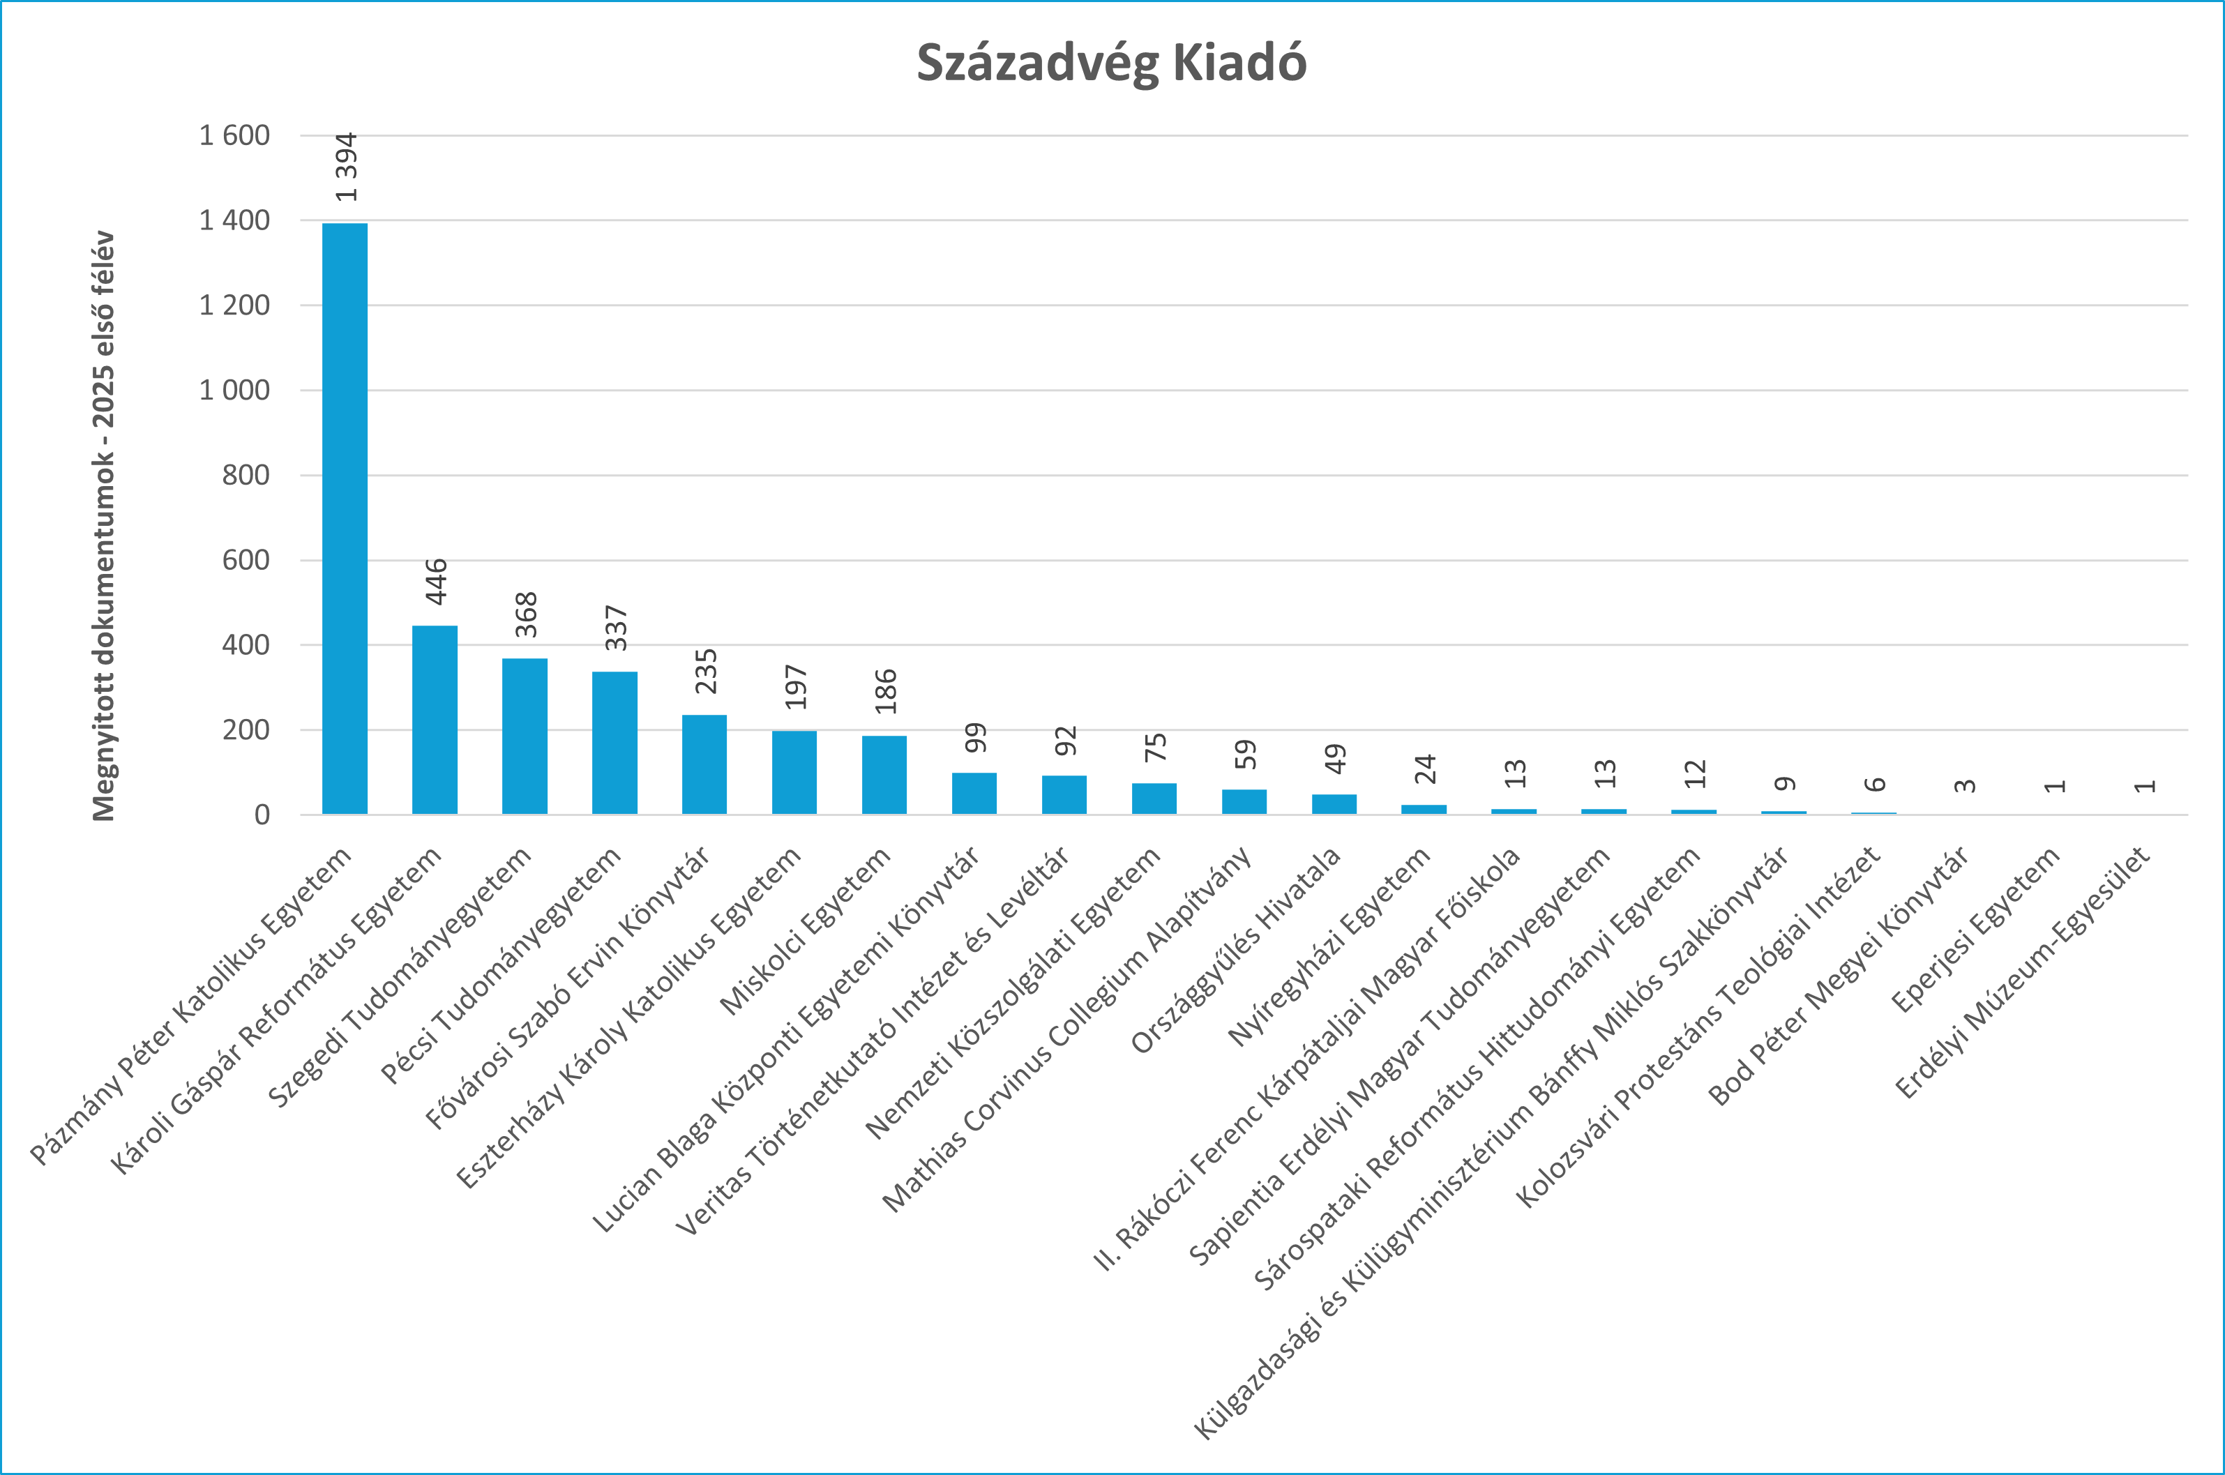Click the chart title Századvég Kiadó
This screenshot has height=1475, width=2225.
1111,63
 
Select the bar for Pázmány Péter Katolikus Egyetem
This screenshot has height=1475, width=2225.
345,517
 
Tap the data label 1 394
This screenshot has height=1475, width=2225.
346,167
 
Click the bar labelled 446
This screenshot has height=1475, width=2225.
435,720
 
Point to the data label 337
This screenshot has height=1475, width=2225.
615,628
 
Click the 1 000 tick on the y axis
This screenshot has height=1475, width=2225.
234,389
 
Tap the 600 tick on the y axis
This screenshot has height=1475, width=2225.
246,560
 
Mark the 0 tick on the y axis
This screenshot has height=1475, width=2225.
262,815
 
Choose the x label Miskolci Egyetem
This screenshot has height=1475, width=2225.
806,930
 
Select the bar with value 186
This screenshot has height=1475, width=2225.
884,774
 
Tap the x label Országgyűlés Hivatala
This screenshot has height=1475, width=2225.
1236,950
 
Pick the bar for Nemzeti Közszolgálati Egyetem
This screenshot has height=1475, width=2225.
1154,798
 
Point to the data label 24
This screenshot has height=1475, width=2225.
1424,769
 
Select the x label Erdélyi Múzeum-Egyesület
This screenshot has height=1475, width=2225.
2023,973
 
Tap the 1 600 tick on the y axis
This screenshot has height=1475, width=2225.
234,135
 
